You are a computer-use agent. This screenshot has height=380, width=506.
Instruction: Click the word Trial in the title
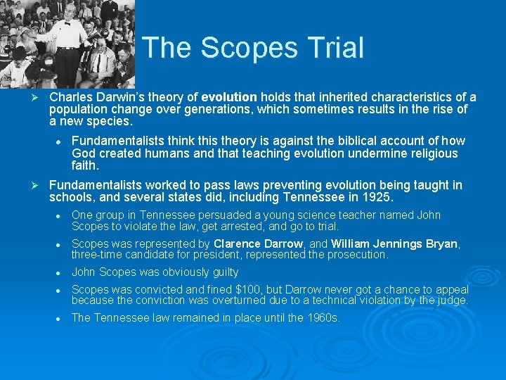pyautogui.click(x=334, y=48)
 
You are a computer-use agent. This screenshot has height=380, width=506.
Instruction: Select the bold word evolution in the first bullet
pyautogui.click(x=230, y=97)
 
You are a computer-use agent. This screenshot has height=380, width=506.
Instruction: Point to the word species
pyautogui.click(x=109, y=121)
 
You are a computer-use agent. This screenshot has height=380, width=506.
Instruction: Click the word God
pyautogui.click(x=84, y=153)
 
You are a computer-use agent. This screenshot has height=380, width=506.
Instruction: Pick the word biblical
pyautogui.click(x=330, y=141)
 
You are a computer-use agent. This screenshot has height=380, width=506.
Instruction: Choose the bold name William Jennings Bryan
pyautogui.click(x=394, y=243)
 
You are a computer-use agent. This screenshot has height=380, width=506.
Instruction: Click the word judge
pyautogui.click(x=451, y=300)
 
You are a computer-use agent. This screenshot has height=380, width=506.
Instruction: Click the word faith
pyautogui.click(x=84, y=166)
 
